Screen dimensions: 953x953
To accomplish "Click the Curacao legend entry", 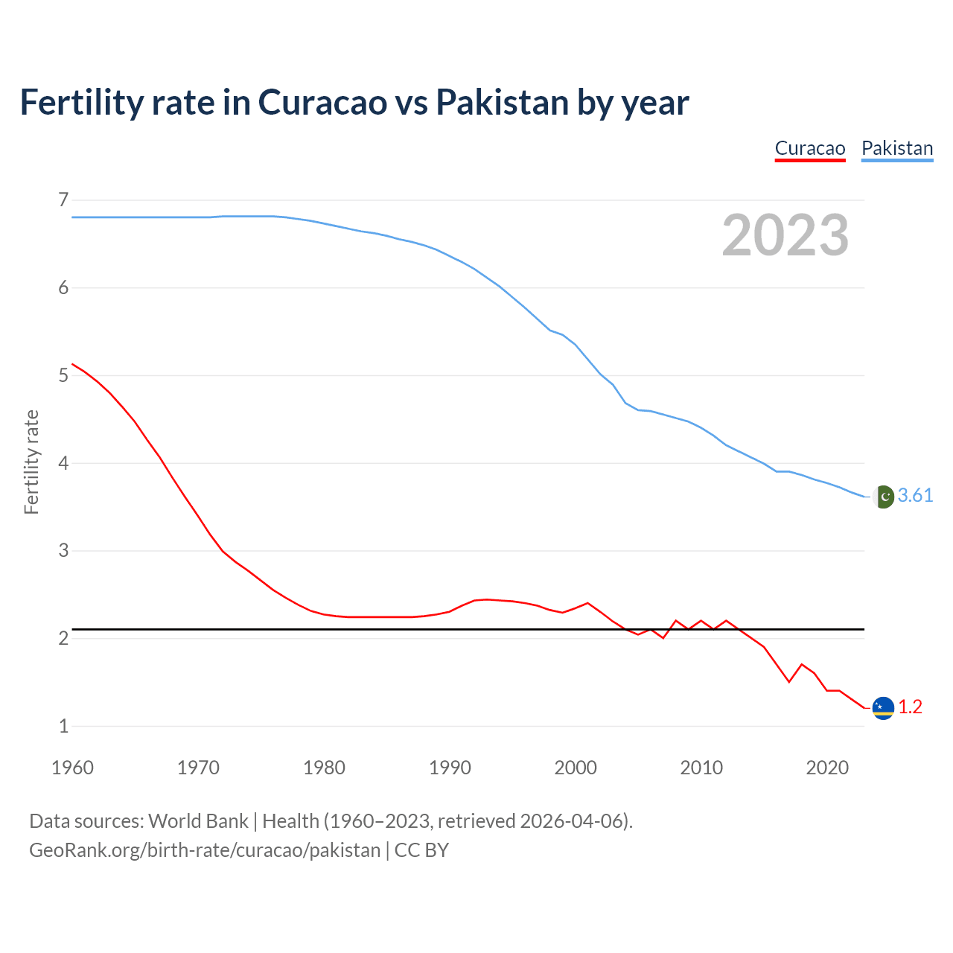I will (810, 148).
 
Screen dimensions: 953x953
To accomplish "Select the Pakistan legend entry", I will (897, 148).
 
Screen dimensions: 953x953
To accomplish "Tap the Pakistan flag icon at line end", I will (883, 497).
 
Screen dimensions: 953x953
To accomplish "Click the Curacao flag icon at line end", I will (883, 708).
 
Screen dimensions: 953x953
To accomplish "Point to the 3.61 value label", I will (915, 496).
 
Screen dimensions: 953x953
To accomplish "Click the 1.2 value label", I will (910, 707).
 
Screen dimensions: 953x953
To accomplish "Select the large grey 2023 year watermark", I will (785, 235).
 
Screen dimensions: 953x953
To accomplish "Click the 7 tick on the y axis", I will (63, 200).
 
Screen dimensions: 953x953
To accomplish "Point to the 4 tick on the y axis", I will (63, 463).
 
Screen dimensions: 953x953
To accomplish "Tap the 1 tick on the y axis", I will (63, 726).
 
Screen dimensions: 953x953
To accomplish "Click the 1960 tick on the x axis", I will (72, 768).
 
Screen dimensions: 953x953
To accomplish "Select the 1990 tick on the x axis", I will (450, 768).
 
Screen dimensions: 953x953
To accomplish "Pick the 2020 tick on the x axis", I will (827, 768).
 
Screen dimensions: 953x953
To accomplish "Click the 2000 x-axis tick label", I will (576, 768).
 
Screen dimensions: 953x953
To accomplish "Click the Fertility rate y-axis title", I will (31, 462).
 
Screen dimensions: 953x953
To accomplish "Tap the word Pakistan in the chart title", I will (502, 102).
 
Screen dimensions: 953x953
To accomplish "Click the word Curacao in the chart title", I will (322, 102).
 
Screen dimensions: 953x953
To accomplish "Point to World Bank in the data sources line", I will (198, 821).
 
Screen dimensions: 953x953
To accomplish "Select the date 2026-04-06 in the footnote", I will (571, 821).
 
